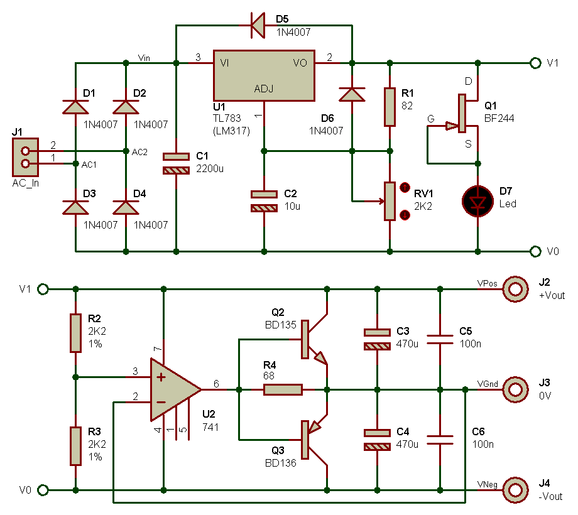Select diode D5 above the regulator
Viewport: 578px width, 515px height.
click(258, 26)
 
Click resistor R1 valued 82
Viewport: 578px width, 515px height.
click(390, 107)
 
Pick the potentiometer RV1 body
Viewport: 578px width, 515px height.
click(390, 201)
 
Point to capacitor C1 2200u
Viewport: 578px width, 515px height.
click(176, 163)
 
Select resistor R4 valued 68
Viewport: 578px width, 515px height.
click(283, 389)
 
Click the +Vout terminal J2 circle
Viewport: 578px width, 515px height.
click(516, 289)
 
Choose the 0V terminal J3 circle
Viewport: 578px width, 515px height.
click(516, 389)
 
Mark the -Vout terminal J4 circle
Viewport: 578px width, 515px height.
click(516, 490)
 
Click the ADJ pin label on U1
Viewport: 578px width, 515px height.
click(264, 88)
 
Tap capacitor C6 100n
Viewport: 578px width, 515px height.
click(440, 440)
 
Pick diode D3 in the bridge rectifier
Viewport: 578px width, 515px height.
click(75, 207)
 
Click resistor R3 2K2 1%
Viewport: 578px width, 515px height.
click(75, 446)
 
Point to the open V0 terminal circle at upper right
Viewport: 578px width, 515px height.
click(535, 251)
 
